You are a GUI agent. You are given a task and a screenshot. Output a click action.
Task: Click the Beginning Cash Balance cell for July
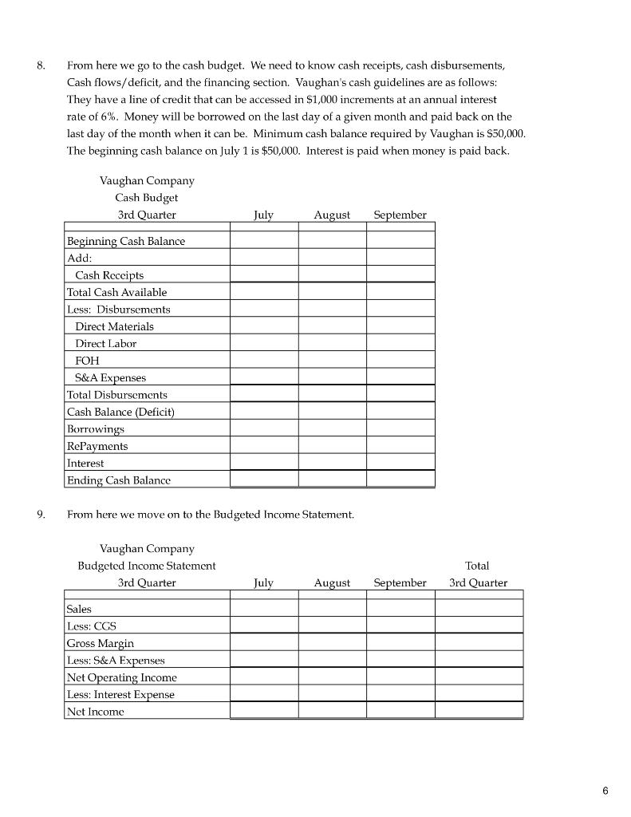click(x=264, y=241)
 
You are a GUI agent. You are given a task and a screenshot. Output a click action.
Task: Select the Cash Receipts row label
click(x=109, y=275)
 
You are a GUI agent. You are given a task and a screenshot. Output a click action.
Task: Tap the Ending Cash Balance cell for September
click(x=400, y=480)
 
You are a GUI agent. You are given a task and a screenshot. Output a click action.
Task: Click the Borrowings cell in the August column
click(x=333, y=428)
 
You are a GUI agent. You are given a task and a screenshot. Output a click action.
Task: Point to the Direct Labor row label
click(x=105, y=343)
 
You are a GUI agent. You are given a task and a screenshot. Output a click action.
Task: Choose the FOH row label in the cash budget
click(x=87, y=361)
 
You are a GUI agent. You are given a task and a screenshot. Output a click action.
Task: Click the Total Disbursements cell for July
click(x=264, y=394)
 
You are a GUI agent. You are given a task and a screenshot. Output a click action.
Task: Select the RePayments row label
click(x=97, y=446)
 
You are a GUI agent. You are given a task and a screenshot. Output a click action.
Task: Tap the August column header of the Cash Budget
click(x=332, y=215)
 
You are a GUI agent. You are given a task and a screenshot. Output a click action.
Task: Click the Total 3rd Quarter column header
click(x=478, y=574)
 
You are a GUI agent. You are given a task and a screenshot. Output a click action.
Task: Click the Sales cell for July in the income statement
click(x=264, y=609)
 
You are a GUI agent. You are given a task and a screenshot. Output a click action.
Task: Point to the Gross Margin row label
click(x=101, y=643)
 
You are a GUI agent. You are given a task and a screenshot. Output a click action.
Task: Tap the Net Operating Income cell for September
click(x=400, y=677)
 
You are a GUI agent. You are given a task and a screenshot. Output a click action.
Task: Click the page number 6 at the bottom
click(x=605, y=791)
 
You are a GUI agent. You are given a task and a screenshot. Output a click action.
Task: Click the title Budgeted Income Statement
click(x=147, y=566)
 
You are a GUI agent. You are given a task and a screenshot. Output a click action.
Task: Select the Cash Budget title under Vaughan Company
click(x=147, y=198)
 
